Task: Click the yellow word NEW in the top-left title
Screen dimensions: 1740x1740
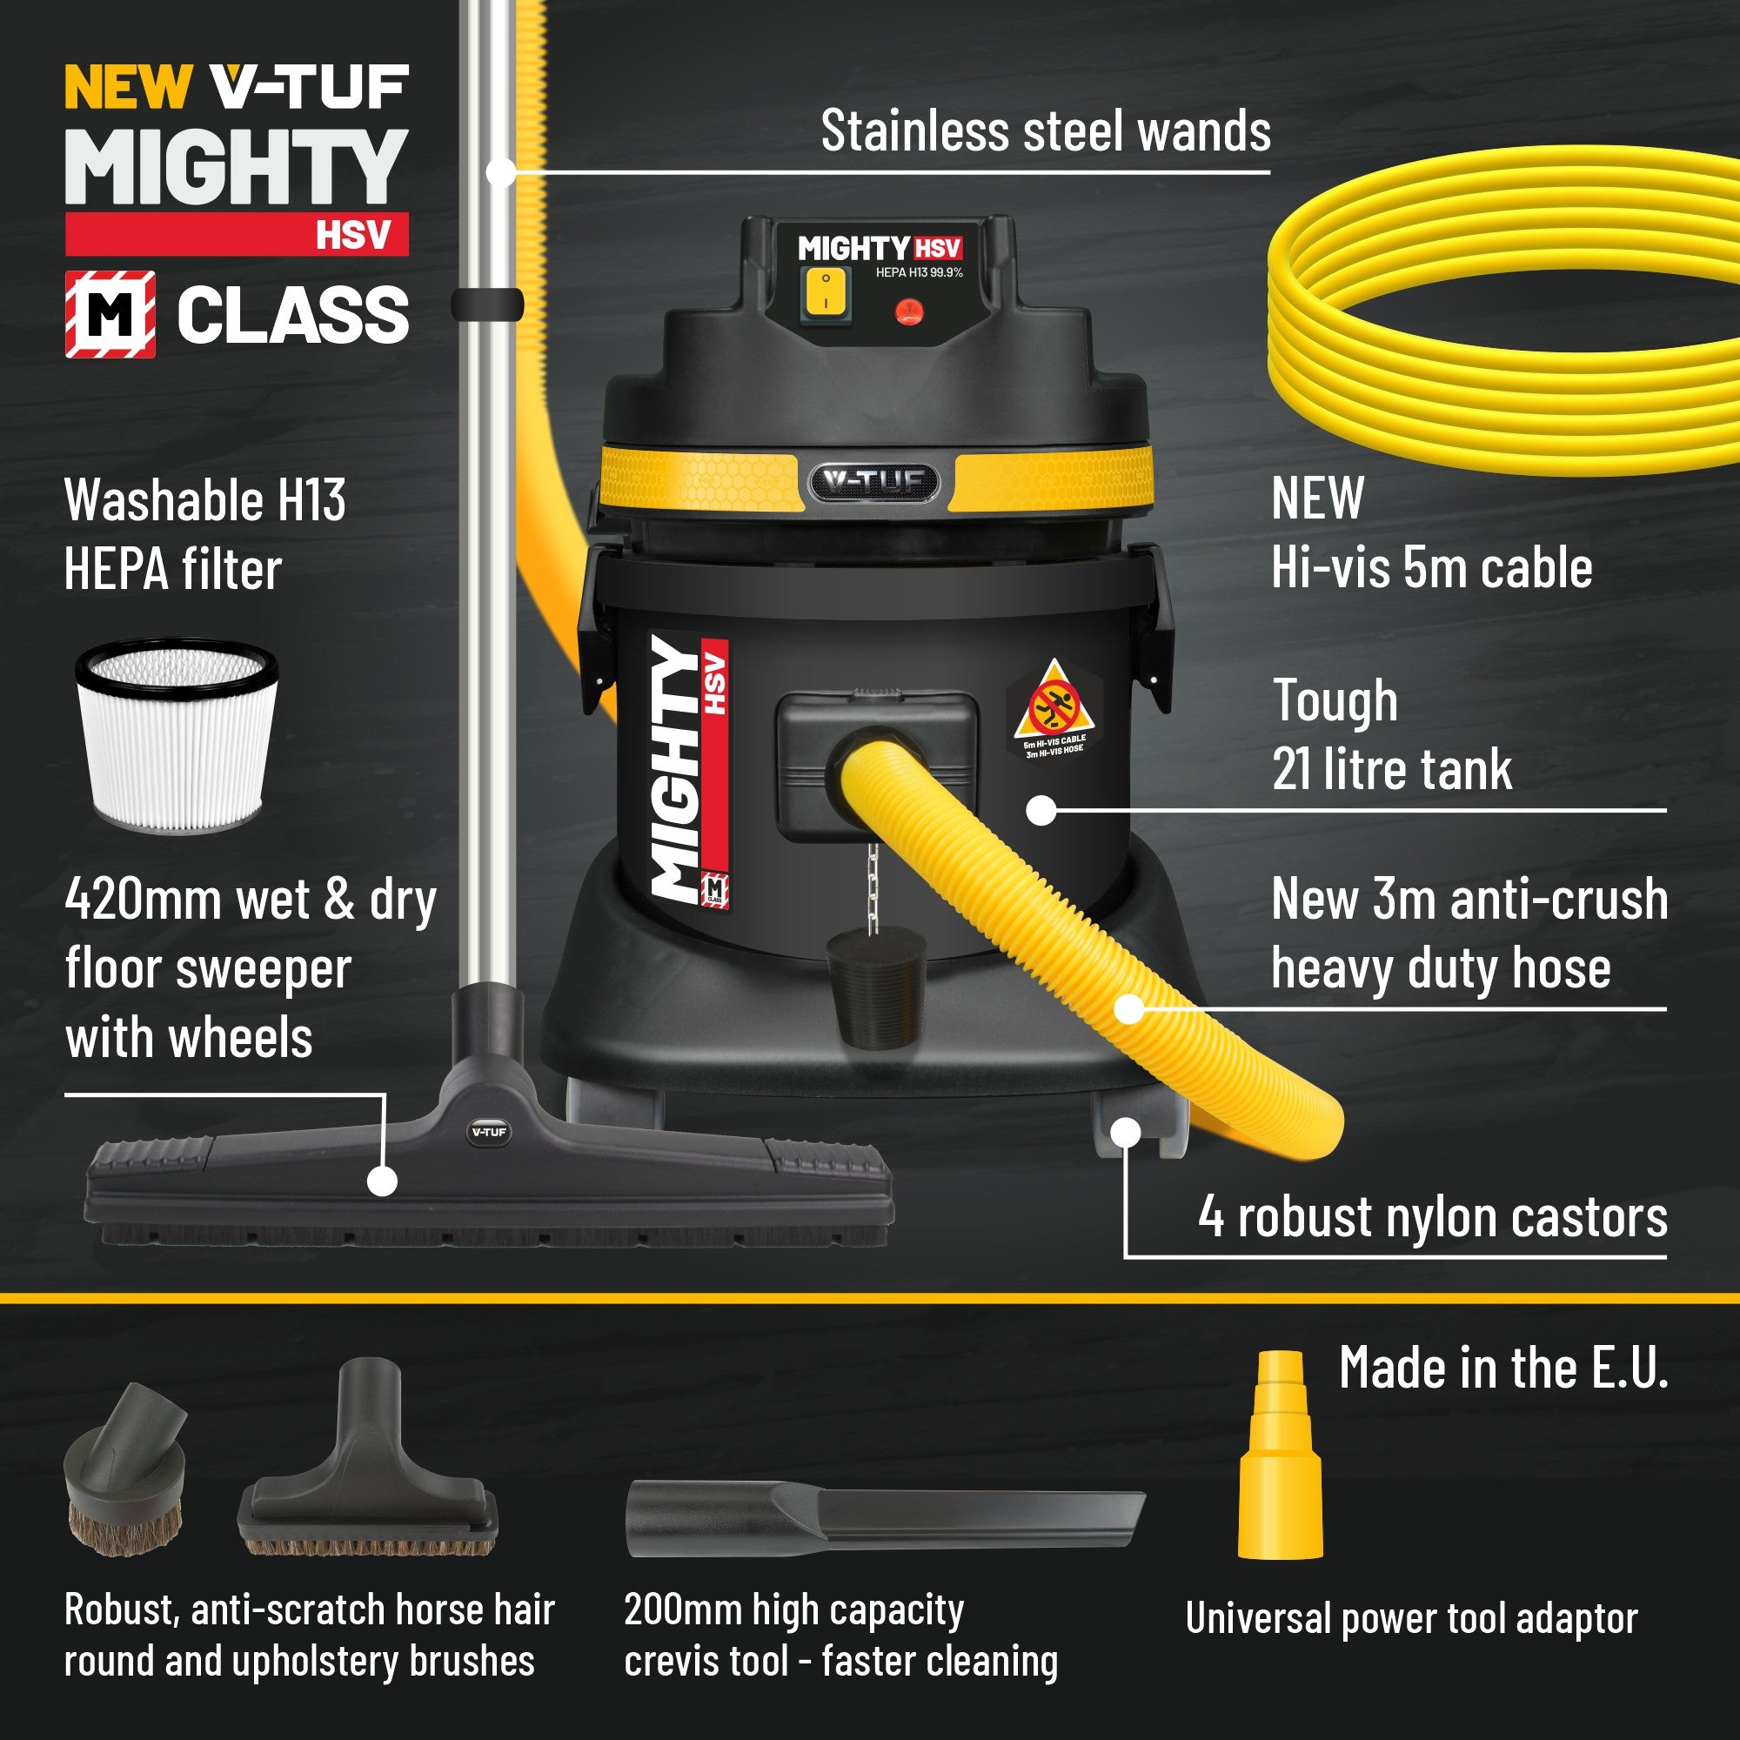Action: [x=127, y=87]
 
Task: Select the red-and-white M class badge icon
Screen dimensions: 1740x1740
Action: [x=110, y=313]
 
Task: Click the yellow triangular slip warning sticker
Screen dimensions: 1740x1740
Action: [x=1053, y=701]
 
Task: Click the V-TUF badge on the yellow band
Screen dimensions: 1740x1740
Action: [x=873, y=483]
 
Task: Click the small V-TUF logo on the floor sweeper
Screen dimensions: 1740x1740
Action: [x=489, y=1132]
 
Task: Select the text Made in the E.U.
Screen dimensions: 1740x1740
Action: [x=1503, y=1368]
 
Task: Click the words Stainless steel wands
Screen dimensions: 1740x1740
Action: [x=1045, y=131]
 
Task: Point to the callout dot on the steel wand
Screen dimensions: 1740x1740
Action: [x=501, y=171]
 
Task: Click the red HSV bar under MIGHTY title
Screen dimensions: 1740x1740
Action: [x=236, y=234]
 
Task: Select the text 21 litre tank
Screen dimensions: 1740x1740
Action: [x=1391, y=769]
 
